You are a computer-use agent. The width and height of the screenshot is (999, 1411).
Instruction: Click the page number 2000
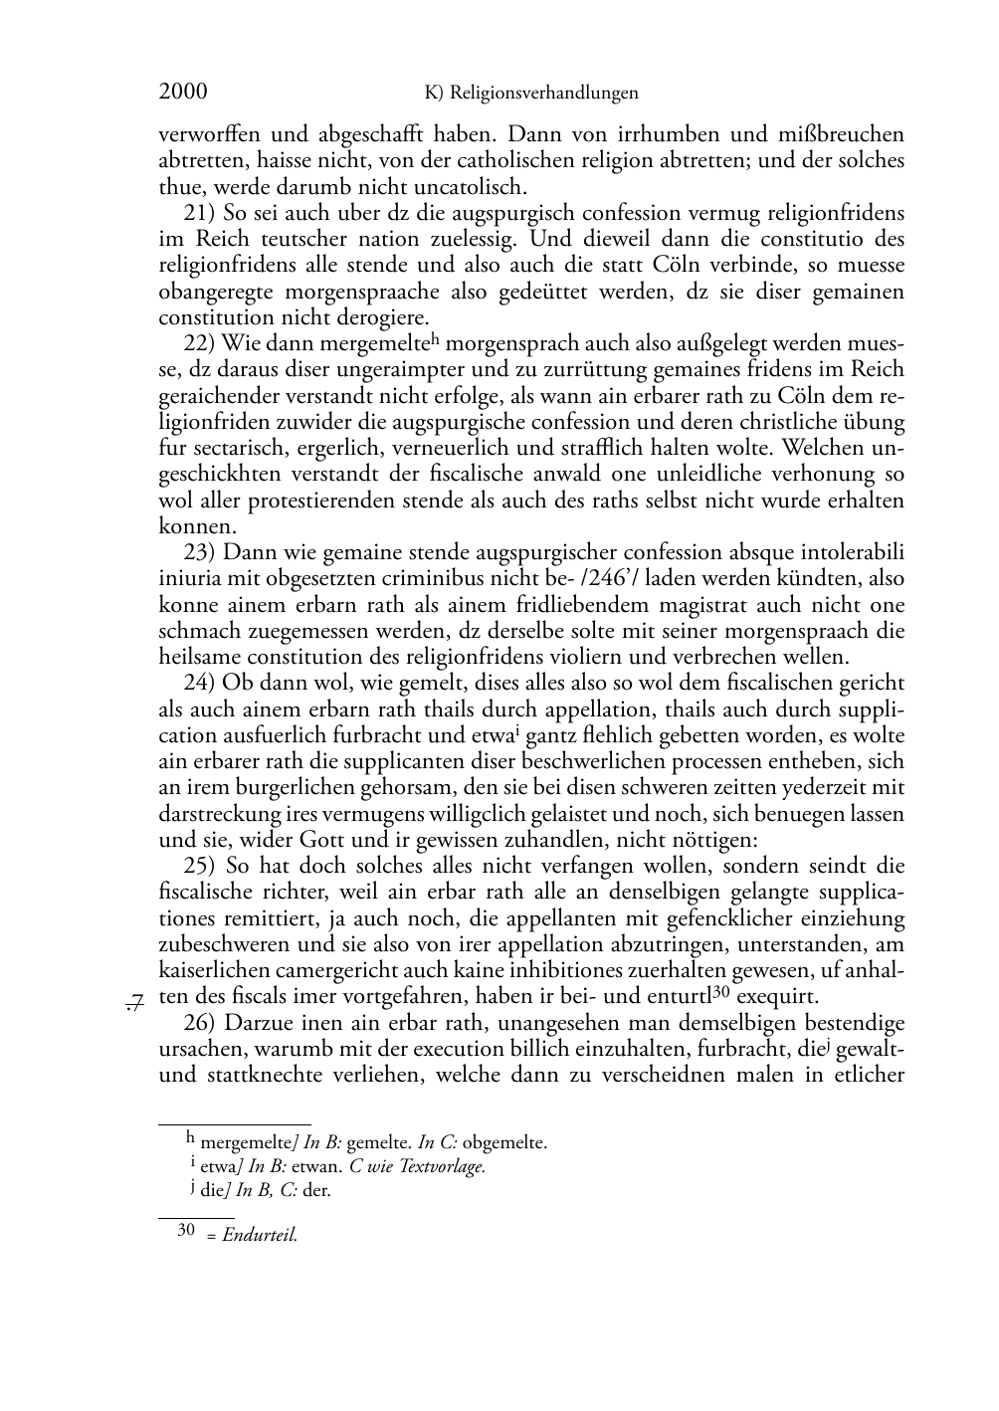click(x=183, y=92)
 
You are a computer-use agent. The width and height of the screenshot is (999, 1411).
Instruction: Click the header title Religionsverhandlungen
click(x=543, y=94)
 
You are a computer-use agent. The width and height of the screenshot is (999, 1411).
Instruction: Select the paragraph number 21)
click(x=202, y=213)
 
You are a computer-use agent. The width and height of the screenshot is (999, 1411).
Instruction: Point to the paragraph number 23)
click(x=202, y=552)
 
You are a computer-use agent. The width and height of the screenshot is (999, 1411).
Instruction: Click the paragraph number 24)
click(x=202, y=683)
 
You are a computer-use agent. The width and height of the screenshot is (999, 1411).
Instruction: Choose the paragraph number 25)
click(x=202, y=866)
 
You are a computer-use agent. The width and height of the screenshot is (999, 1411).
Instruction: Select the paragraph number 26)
click(x=202, y=1023)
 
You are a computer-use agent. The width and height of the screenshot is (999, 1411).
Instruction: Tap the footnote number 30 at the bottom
click(x=185, y=1231)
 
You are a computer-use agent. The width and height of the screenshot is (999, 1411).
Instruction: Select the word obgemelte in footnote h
click(x=504, y=1142)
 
